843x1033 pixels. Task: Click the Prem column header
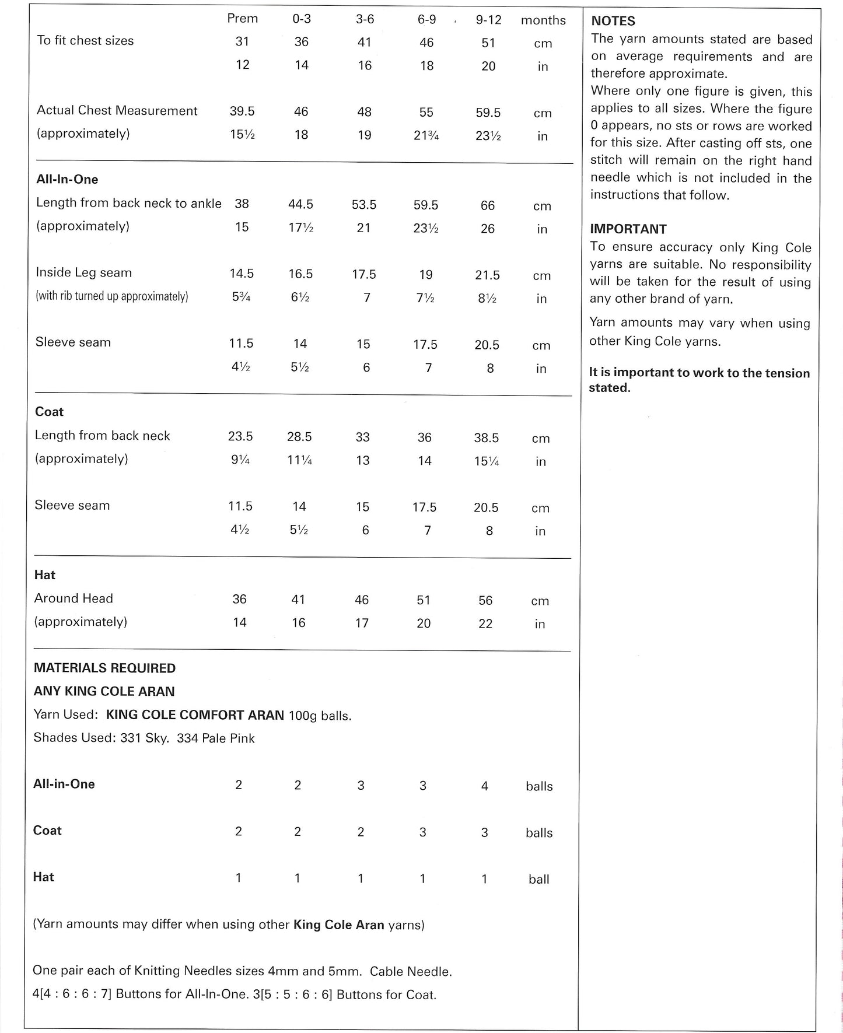(242, 19)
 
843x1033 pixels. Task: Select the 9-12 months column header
(488, 20)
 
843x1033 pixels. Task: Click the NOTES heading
(613, 21)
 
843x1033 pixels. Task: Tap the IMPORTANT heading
(628, 229)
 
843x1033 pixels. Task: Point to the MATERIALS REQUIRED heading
(104, 668)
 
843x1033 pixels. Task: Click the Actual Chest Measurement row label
(117, 111)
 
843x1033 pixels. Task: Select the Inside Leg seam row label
(83, 272)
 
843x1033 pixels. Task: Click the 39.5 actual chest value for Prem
(242, 111)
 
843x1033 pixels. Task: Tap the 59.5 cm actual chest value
(488, 113)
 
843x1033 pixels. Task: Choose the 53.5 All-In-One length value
(364, 205)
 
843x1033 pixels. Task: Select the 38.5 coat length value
(487, 438)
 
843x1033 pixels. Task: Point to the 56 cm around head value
(485, 600)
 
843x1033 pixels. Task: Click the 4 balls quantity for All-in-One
(484, 786)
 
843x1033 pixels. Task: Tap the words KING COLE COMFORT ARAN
(195, 715)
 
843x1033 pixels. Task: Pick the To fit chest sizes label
(85, 41)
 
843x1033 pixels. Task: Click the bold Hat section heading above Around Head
(44, 575)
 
